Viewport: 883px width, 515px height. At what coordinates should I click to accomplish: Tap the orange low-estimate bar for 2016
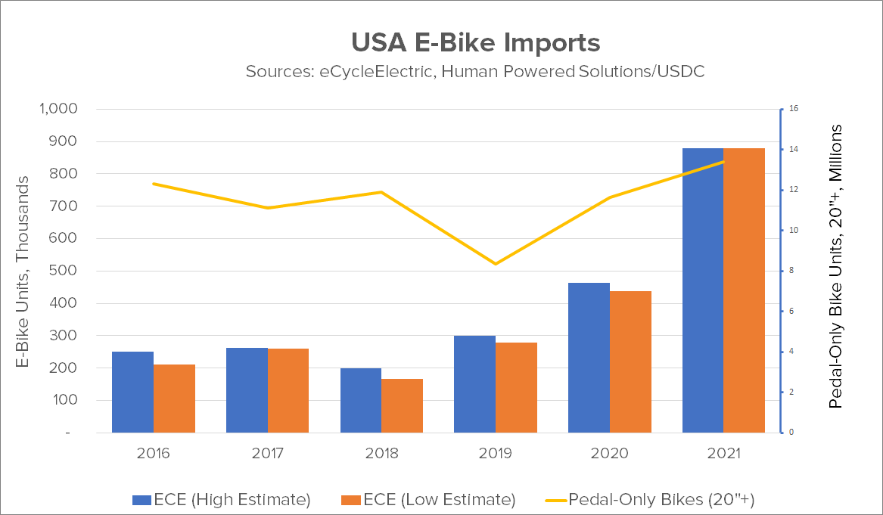[x=174, y=399]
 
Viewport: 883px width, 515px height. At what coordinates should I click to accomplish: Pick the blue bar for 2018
[x=361, y=400]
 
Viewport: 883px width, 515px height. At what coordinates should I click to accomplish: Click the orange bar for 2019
[x=516, y=387]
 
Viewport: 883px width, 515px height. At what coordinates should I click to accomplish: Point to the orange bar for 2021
[x=745, y=290]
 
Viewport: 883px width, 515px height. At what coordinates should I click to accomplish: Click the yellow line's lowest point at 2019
[x=496, y=264]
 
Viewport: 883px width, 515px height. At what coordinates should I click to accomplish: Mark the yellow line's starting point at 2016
[x=154, y=184]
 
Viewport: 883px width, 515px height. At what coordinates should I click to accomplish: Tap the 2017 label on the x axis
[x=267, y=454]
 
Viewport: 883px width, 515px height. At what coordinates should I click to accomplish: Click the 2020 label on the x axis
[x=610, y=454]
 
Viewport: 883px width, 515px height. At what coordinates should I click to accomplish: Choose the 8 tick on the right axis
[x=791, y=271]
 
